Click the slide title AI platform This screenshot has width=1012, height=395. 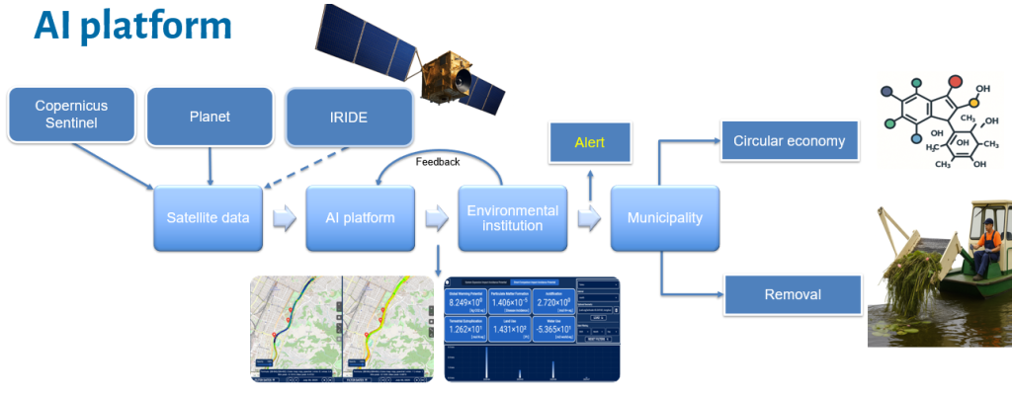(133, 27)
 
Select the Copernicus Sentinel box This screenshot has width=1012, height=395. (71, 115)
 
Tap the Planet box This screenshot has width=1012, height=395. (210, 117)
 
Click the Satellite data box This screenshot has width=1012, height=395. (208, 216)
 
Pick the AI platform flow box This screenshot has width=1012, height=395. (361, 216)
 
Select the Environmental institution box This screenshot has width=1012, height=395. (512, 216)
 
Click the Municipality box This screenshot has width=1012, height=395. (663, 216)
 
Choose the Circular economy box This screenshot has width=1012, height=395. (789, 141)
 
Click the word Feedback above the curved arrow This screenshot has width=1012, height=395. (438, 160)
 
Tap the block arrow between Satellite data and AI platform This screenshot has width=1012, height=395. (284, 217)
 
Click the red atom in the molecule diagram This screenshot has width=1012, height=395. (955, 82)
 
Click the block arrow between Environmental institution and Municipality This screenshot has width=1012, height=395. (590, 217)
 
